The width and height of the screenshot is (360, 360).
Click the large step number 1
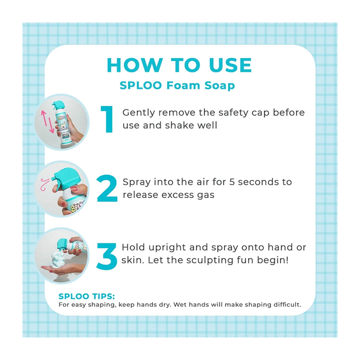point(108,119)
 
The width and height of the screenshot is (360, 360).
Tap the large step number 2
point(107,188)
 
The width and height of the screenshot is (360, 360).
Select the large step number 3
point(107,256)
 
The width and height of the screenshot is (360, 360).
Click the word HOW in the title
point(135,65)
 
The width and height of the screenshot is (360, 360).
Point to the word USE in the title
point(230,65)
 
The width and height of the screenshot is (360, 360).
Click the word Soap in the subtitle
point(220,85)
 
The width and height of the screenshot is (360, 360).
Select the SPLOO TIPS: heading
point(86,296)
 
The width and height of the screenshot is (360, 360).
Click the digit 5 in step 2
point(232,182)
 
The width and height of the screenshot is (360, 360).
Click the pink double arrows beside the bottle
point(47,121)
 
